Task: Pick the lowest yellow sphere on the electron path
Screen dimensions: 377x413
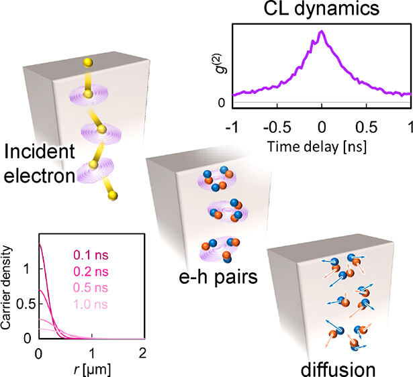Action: click(x=112, y=195)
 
